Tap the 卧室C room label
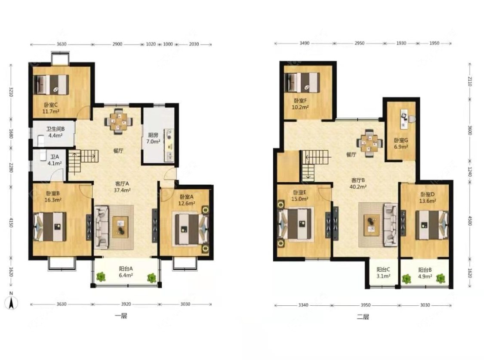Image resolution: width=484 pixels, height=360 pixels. [x=51, y=105]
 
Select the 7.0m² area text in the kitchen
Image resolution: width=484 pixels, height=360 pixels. [x=153, y=142]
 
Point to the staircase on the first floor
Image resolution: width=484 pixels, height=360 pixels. [x=83, y=161]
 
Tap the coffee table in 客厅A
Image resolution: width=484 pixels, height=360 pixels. [x=120, y=227]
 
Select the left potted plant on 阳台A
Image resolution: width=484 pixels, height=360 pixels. [x=101, y=276]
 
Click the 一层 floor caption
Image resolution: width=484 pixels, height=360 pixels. [x=120, y=316]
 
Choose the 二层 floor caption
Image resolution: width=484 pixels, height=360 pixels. [x=363, y=317]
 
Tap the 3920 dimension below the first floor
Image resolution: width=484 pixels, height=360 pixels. [x=126, y=304]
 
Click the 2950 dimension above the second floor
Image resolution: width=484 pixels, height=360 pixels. [x=359, y=43]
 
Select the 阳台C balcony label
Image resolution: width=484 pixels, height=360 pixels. [x=383, y=270]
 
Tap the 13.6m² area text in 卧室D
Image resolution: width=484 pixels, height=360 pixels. [x=428, y=201]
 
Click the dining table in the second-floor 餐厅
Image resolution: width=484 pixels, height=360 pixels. [x=370, y=143]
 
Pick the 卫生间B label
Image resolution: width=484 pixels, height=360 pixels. [x=55, y=129]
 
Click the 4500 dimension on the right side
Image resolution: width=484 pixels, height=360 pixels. [x=470, y=220]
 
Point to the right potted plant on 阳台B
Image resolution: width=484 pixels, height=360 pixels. [x=441, y=279]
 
